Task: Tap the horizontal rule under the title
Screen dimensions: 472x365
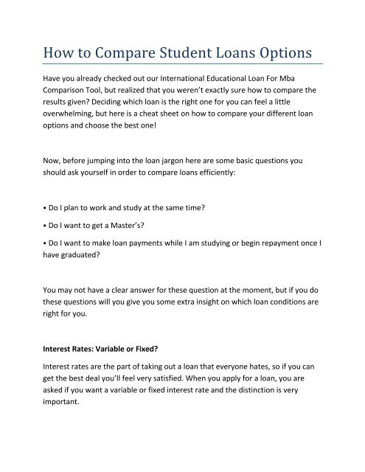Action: coord(182,66)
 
